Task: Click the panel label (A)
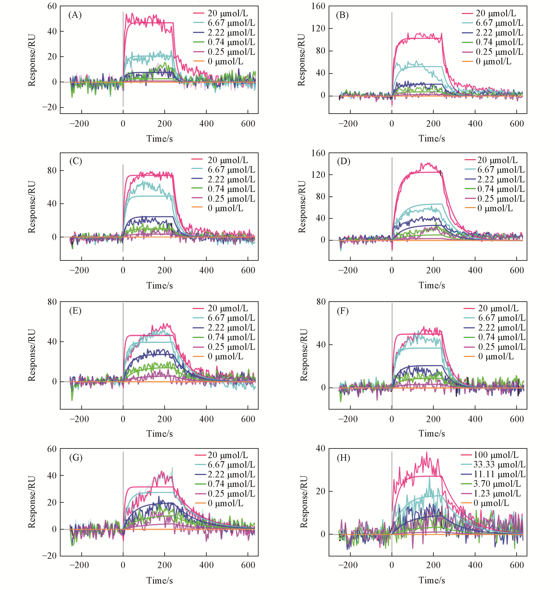tap(75, 15)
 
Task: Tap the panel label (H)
tap(343, 458)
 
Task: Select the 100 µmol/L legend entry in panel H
tap(496, 455)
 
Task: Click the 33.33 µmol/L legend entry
tap(499, 464)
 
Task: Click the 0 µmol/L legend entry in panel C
tap(225, 208)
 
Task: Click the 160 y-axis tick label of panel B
tap(318, 6)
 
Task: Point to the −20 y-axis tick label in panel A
tap(50, 107)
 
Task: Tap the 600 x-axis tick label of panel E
tap(248, 419)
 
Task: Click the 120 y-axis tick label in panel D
tap(318, 175)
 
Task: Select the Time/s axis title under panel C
tap(159, 285)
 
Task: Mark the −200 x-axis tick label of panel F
tap(348, 419)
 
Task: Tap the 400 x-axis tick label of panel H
tap(475, 565)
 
